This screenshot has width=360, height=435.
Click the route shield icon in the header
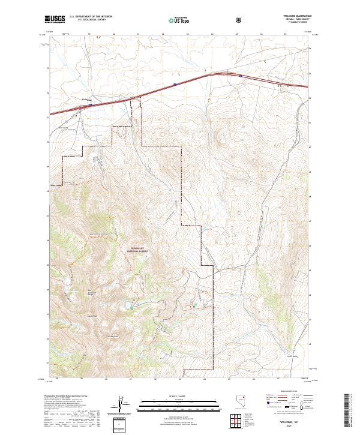coord(239,20)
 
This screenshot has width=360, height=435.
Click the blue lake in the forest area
coord(130,308)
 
